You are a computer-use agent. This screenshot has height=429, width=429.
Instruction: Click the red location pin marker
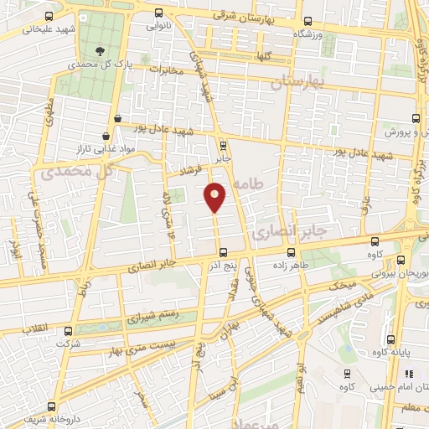(x=215, y=197)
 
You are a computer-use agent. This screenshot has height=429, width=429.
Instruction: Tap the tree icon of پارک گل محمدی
(x=101, y=50)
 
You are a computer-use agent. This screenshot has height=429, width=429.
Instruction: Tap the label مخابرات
(x=165, y=70)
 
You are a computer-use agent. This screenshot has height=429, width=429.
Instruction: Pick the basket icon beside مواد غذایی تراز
(x=106, y=135)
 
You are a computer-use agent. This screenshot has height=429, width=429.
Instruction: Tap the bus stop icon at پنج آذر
(x=222, y=252)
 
